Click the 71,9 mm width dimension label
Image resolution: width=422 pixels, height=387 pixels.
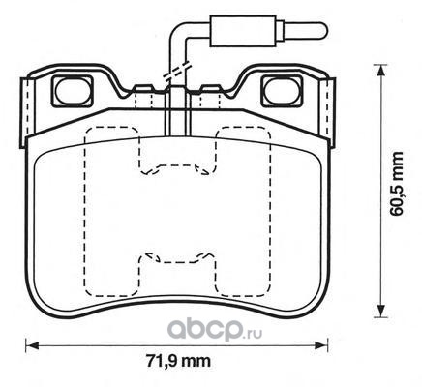click(178, 361)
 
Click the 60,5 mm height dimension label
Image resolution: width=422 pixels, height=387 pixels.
click(397, 184)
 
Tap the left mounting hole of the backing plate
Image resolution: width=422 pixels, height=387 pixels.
click(72, 91)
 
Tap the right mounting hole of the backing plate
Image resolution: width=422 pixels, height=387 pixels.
click(282, 91)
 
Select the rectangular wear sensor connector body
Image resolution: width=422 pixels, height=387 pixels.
click(243, 31)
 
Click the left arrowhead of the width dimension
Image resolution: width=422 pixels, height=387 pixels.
click(32, 345)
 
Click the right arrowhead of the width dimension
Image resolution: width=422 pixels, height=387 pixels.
click(321, 345)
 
